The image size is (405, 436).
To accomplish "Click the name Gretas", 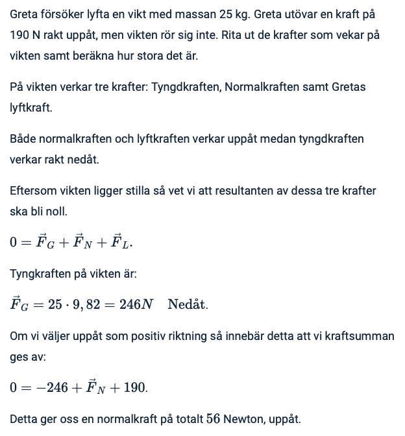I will (x=349, y=87).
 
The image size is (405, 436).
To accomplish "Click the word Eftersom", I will (x=32, y=191).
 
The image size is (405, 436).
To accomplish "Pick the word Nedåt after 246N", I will (x=188, y=304).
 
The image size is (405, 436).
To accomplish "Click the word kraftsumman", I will (x=363, y=336).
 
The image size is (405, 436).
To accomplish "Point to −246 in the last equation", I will (x=51, y=387).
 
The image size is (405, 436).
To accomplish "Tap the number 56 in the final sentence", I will (x=214, y=419).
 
